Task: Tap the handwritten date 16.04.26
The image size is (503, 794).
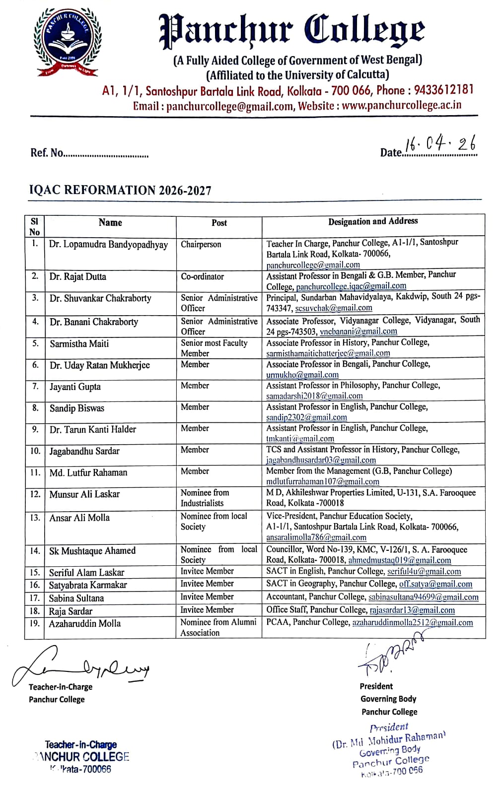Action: point(440,143)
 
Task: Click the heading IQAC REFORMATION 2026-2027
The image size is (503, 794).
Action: point(120,191)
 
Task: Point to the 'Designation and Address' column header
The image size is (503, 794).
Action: point(373,221)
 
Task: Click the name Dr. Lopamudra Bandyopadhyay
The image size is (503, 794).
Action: point(108,245)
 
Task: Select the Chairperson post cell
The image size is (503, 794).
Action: point(201,244)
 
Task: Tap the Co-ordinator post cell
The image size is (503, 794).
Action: point(202,276)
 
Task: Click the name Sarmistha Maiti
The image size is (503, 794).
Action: point(79,343)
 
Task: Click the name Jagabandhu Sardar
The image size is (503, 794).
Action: point(84,451)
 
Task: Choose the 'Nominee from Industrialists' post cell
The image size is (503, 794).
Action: point(205,498)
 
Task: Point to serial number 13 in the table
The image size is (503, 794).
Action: point(35,518)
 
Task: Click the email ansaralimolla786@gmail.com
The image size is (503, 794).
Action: point(316,537)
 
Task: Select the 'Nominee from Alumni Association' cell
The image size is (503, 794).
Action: point(218,627)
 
